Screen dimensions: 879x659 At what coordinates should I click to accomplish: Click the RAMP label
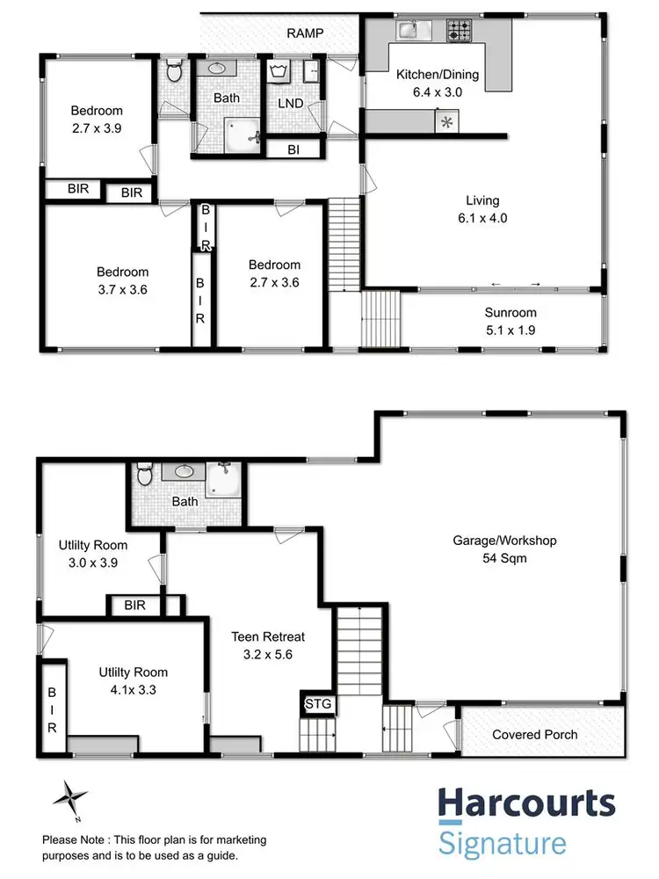point(305,33)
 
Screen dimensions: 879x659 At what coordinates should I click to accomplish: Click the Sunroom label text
point(510,321)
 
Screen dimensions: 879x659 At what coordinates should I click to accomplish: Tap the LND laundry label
point(290,104)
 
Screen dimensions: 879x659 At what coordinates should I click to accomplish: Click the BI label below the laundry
point(293,150)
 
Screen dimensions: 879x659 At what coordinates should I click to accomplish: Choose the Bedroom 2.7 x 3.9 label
point(97,120)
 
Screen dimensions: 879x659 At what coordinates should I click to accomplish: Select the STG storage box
point(313,703)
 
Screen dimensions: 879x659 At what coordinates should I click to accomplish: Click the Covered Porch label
point(534,734)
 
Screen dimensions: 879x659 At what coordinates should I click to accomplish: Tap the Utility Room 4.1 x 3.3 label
point(133,681)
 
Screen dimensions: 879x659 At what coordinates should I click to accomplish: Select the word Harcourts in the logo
point(526,804)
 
